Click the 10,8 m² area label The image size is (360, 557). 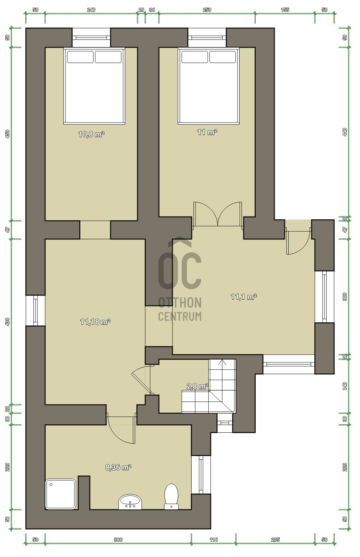point(91,134)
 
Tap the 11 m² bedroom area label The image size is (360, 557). point(207,132)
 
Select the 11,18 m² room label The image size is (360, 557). point(95,322)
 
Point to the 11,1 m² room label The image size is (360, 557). point(244,297)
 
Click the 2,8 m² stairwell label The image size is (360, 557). point(197,386)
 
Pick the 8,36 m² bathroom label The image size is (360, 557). point(118,468)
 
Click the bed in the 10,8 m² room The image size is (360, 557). point(94,86)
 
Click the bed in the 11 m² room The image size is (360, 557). point(209,86)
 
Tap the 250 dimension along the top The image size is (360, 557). point(207,10)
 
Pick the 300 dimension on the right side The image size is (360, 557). point(345,297)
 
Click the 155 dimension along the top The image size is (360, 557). point(285,10)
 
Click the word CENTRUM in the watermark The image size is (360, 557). point(180,316)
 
